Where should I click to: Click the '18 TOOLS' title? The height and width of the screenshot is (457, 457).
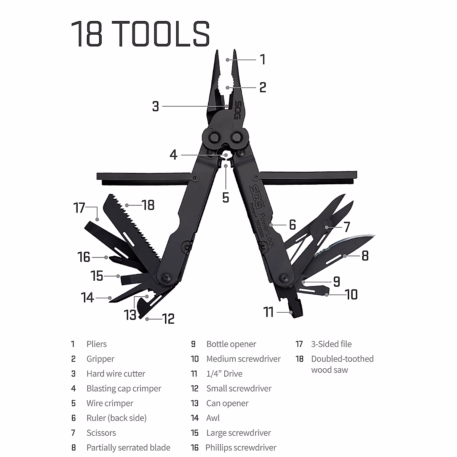tap(140, 34)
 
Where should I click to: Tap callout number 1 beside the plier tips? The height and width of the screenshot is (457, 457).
tap(262, 60)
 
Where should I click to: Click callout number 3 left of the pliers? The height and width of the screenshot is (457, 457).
tap(155, 106)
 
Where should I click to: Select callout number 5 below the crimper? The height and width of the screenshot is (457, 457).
tap(226, 198)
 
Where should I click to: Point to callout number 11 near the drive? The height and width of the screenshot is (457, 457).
tap(269, 312)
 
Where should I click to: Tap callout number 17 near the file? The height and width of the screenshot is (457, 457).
tap(79, 208)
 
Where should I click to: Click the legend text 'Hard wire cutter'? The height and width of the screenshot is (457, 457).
tap(116, 374)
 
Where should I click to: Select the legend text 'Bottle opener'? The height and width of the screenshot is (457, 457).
tap(231, 344)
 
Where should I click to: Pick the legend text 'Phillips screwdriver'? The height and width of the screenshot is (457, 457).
tap(241, 447)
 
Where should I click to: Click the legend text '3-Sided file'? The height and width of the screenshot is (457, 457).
tap(331, 344)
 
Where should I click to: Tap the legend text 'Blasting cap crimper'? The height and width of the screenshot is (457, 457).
tap(124, 388)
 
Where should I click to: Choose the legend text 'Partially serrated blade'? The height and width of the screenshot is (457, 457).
tap(128, 447)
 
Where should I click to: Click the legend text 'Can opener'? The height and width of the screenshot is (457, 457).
tap(227, 403)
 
